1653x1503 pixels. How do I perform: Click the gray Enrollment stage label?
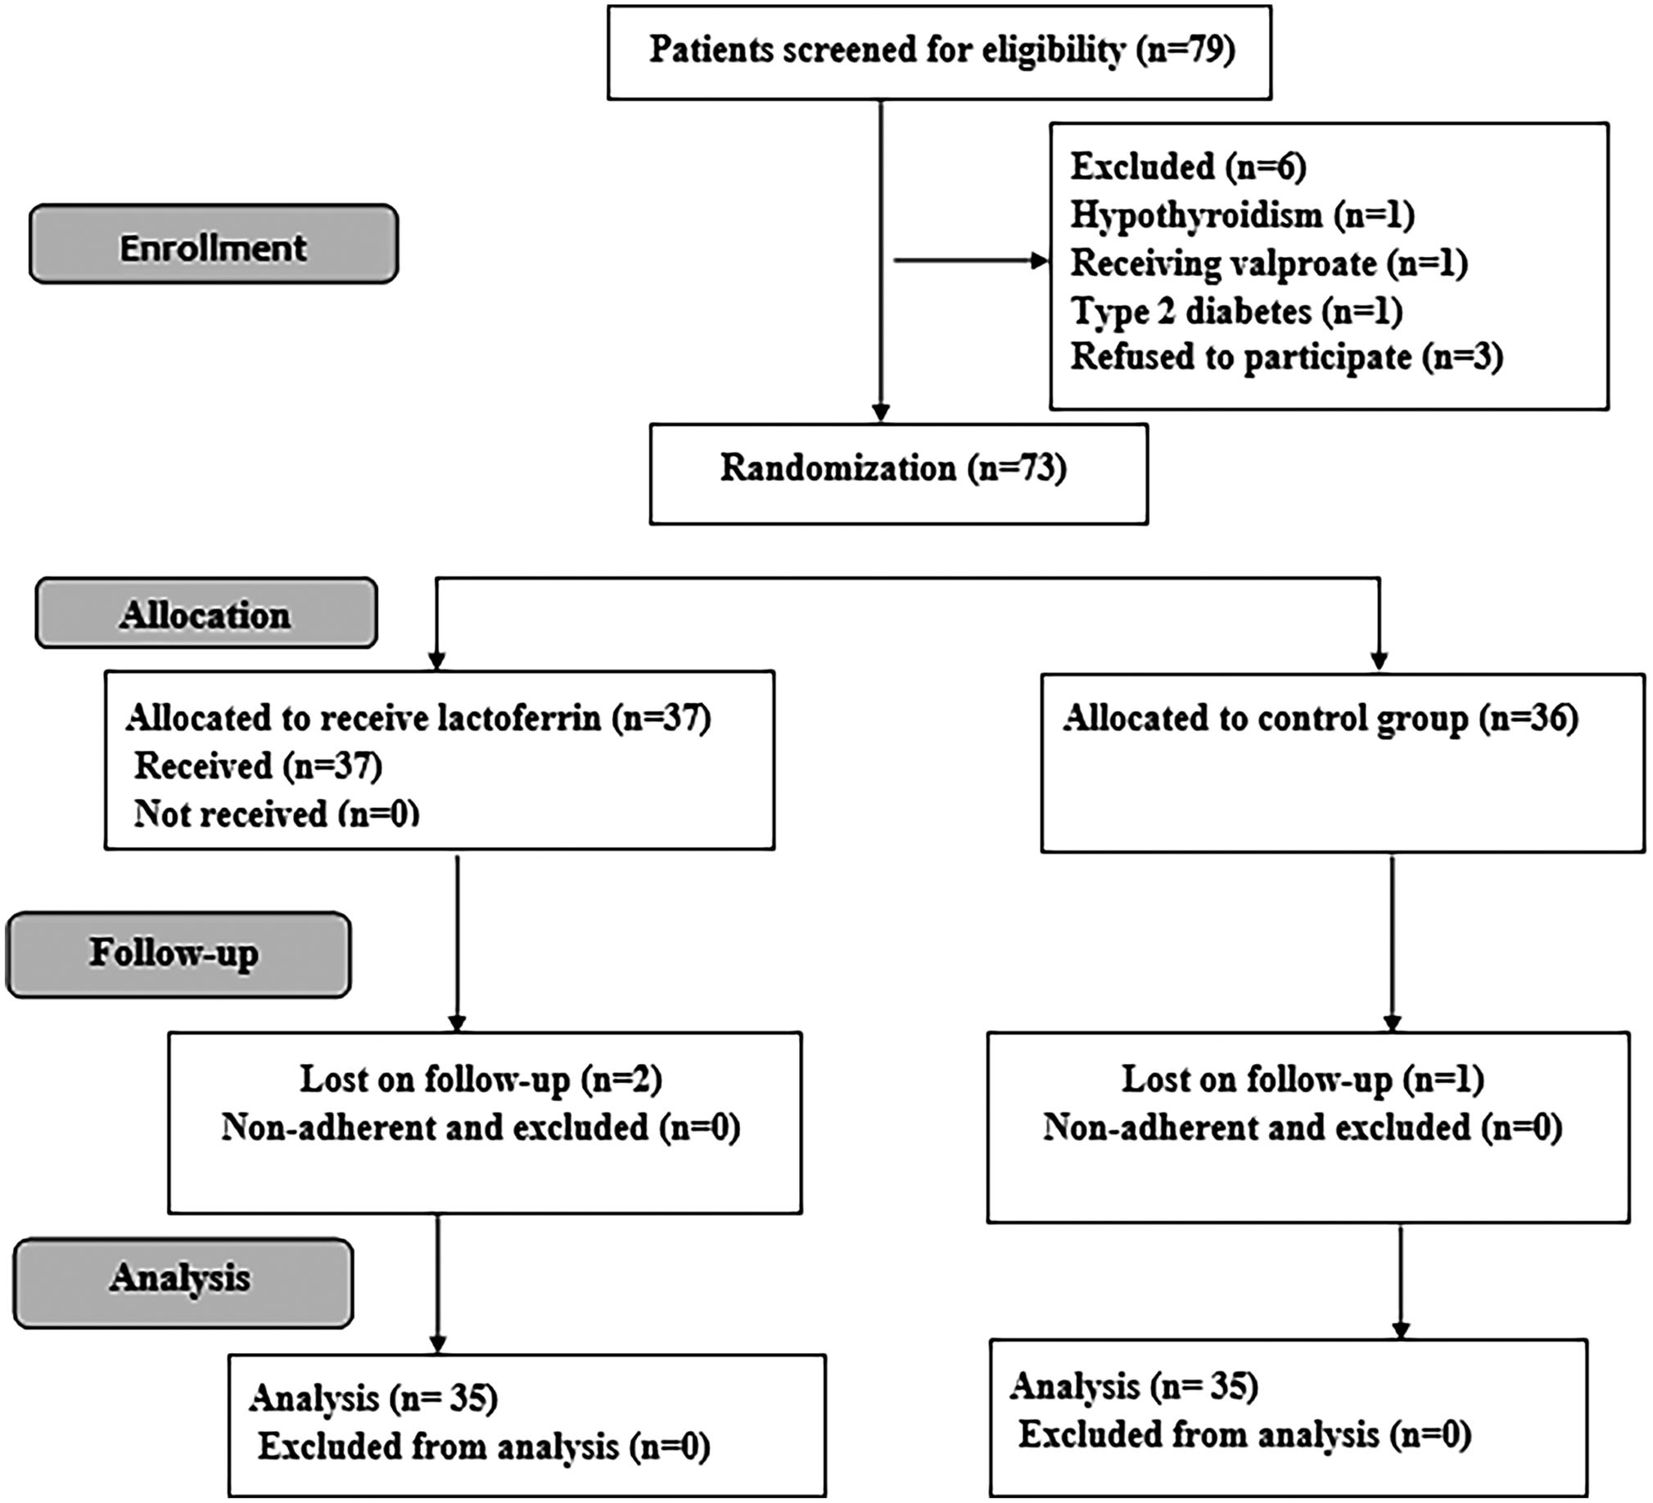pyautogui.click(x=213, y=245)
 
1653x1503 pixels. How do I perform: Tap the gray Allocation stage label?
pyautogui.click(x=205, y=613)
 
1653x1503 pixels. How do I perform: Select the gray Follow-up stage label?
pyautogui.click(x=178, y=954)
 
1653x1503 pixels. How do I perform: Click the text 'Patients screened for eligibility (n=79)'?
pyautogui.click(x=942, y=51)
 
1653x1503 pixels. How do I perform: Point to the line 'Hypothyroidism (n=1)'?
pyautogui.click(x=1242, y=215)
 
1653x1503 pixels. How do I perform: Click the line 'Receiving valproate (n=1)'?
pyautogui.click(x=1268, y=264)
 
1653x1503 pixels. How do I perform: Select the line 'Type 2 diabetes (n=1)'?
pyautogui.click(x=1236, y=312)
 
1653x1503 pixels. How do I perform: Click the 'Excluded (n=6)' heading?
pyautogui.click(x=1188, y=167)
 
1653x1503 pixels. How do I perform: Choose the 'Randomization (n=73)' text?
pyautogui.click(x=893, y=469)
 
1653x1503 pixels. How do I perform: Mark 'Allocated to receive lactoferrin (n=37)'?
pyautogui.click(x=418, y=718)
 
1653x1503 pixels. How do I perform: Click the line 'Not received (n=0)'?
pyautogui.click(x=277, y=815)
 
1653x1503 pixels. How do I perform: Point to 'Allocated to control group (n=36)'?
pyautogui.click(x=1320, y=719)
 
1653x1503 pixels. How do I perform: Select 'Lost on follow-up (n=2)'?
pyautogui.click(x=481, y=1080)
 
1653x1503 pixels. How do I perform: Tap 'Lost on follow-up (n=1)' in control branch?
pyautogui.click(x=1302, y=1080)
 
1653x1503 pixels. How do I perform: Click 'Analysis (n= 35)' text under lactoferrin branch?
pyautogui.click(x=373, y=1398)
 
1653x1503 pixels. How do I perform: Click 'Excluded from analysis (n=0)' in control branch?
pyautogui.click(x=1244, y=1435)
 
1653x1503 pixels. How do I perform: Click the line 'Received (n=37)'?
pyautogui.click(x=257, y=767)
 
